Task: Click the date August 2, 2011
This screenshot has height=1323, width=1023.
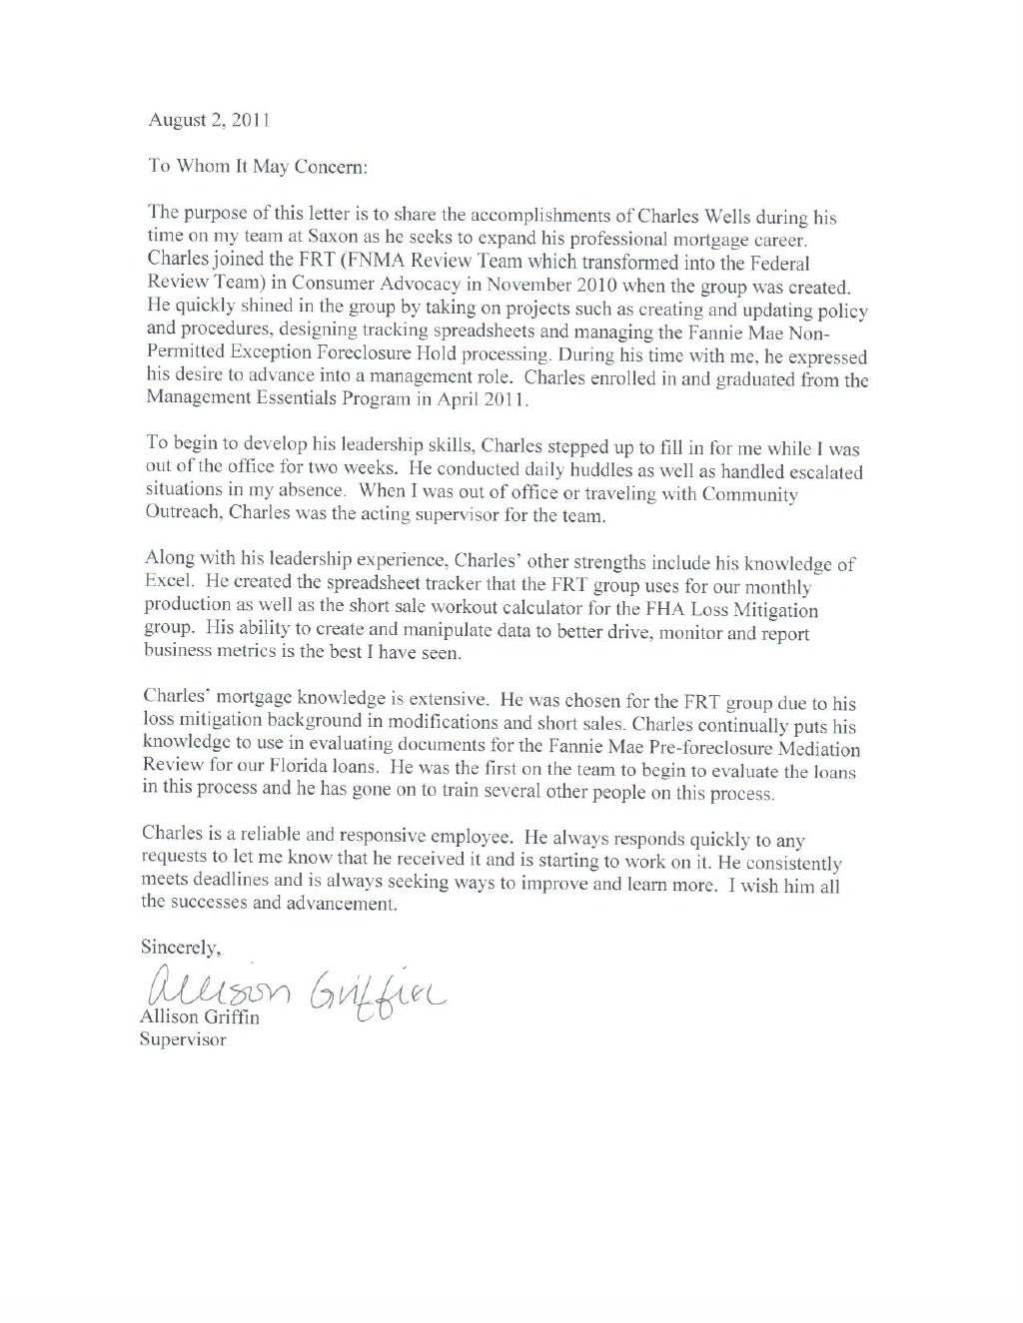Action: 209,120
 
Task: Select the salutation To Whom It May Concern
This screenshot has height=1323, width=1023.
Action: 259,167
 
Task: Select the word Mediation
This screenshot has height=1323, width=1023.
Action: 811,748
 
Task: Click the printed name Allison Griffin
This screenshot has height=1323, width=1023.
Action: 196,1015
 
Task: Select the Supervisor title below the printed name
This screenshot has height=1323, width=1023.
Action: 183,1039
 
